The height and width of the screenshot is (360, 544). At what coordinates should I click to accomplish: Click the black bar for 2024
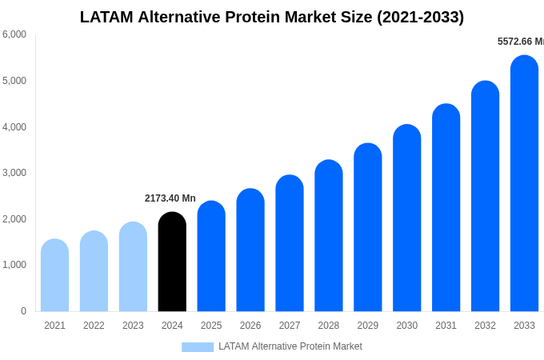172,262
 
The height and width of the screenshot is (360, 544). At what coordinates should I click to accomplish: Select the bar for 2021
54,275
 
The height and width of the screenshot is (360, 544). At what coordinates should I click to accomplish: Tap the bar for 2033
524,183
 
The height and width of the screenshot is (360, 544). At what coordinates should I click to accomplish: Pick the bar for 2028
328,236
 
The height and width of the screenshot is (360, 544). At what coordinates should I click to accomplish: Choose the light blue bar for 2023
133,266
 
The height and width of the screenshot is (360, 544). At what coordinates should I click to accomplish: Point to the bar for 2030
406,218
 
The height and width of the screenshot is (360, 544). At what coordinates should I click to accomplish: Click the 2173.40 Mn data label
170,198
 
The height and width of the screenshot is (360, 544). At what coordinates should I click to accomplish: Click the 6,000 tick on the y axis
14,34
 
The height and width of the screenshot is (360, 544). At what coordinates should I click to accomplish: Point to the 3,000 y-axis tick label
14,173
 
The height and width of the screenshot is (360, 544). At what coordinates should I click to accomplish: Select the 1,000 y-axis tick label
14,265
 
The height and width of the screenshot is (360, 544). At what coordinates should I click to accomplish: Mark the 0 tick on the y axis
23,311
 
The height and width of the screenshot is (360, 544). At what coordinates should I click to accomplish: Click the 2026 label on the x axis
250,326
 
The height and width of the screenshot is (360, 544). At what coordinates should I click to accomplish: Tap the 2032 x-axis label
485,326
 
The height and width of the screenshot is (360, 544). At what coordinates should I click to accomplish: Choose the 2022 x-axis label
94,326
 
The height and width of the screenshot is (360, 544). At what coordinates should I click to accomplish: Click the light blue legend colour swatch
198,347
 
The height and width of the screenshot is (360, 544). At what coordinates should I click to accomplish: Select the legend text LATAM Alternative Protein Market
290,346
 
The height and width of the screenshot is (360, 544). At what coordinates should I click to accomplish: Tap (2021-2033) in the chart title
420,17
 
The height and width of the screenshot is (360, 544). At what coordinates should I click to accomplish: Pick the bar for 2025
211,256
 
